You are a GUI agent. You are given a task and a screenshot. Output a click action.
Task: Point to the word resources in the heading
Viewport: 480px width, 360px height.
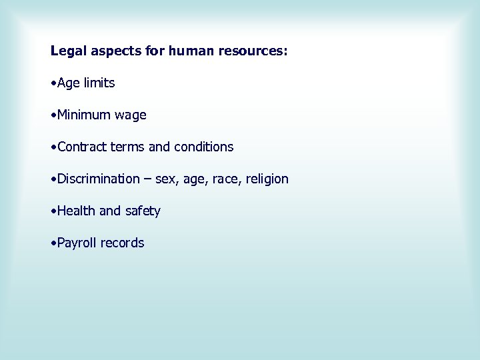(x=252, y=51)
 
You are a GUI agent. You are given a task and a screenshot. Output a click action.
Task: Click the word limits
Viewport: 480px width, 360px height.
(x=99, y=83)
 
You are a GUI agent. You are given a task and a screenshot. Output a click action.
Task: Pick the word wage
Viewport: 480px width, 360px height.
(x=130, y=116)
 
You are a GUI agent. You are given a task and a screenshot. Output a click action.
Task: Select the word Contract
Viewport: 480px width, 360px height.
(x=82, y=147)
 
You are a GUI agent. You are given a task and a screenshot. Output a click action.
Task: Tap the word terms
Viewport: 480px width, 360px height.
(x=127, y=147)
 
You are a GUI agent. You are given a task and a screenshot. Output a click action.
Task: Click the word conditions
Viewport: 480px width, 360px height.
(x=203, y=147)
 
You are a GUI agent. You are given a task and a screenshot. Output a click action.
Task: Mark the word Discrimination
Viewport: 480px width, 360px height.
(x=99, y=179)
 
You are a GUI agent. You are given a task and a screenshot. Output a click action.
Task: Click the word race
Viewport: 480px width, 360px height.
(x=223, y=179)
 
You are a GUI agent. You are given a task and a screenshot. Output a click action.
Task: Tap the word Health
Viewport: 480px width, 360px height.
(x=77, y=211)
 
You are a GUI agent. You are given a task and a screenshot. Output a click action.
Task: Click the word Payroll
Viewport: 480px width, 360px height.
(x=77, y=243)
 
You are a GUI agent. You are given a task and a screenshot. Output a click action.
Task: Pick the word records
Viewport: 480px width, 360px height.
(x=122, y=243)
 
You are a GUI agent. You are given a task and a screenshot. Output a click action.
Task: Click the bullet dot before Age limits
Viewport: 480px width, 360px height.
(x=53, y=84)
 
